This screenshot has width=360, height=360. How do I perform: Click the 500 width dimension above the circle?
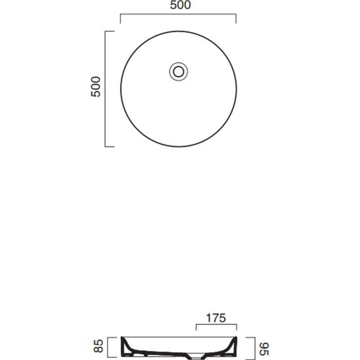(180, 5)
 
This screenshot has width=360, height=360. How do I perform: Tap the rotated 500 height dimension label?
(96, 87)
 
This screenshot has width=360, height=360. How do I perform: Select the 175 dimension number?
(216, 318)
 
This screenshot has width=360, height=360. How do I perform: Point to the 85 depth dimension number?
(99, 346)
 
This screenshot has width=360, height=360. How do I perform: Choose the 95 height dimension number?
(265, 349)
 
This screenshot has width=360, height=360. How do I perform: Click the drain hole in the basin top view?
(179, 72)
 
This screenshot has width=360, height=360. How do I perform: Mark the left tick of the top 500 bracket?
(120, 19)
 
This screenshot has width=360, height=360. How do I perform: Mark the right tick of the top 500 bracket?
(236, 19)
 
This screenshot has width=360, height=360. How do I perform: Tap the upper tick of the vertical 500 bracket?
(110, 32)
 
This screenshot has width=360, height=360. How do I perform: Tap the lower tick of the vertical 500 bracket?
(110, 146)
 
